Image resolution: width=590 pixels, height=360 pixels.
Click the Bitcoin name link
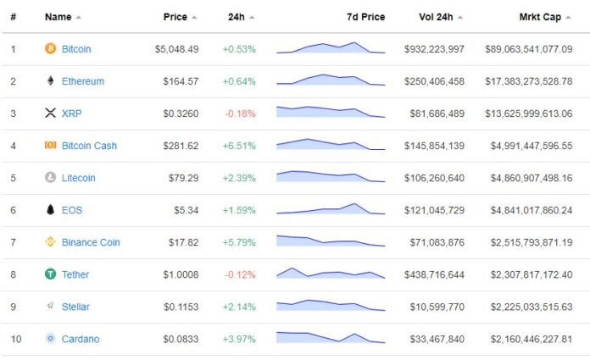click(x=76, y=49)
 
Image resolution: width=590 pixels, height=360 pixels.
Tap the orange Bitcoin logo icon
click(x=50, y=49)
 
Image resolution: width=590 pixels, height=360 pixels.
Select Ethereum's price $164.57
click(x=181, y=81)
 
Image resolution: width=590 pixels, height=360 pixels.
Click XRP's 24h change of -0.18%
click(x=240, y=114)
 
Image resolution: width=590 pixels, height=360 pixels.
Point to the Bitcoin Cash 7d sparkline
click(x=331, y=145)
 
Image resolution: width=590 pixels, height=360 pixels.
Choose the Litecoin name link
click(x=79, y=178)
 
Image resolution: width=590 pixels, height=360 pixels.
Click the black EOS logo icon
click(x=50, y=210)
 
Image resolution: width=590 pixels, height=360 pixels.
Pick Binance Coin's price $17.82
click(x=182, y=242)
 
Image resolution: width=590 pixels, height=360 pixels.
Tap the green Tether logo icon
click(x=50, y=274)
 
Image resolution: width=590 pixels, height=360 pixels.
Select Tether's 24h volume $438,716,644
click(x=434, y=274)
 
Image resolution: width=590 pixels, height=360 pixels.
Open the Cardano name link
click(x=81, y=339)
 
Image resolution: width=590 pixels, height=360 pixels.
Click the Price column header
click(x=176, y=17)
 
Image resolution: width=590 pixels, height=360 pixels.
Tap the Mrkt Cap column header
click(x=540, y=17)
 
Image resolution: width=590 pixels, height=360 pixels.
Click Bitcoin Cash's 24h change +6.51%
click(x=239, y=146)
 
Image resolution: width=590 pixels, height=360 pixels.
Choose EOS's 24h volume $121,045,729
click(x=434, y=210)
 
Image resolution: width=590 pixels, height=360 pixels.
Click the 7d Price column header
click(x=365, y=17)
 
